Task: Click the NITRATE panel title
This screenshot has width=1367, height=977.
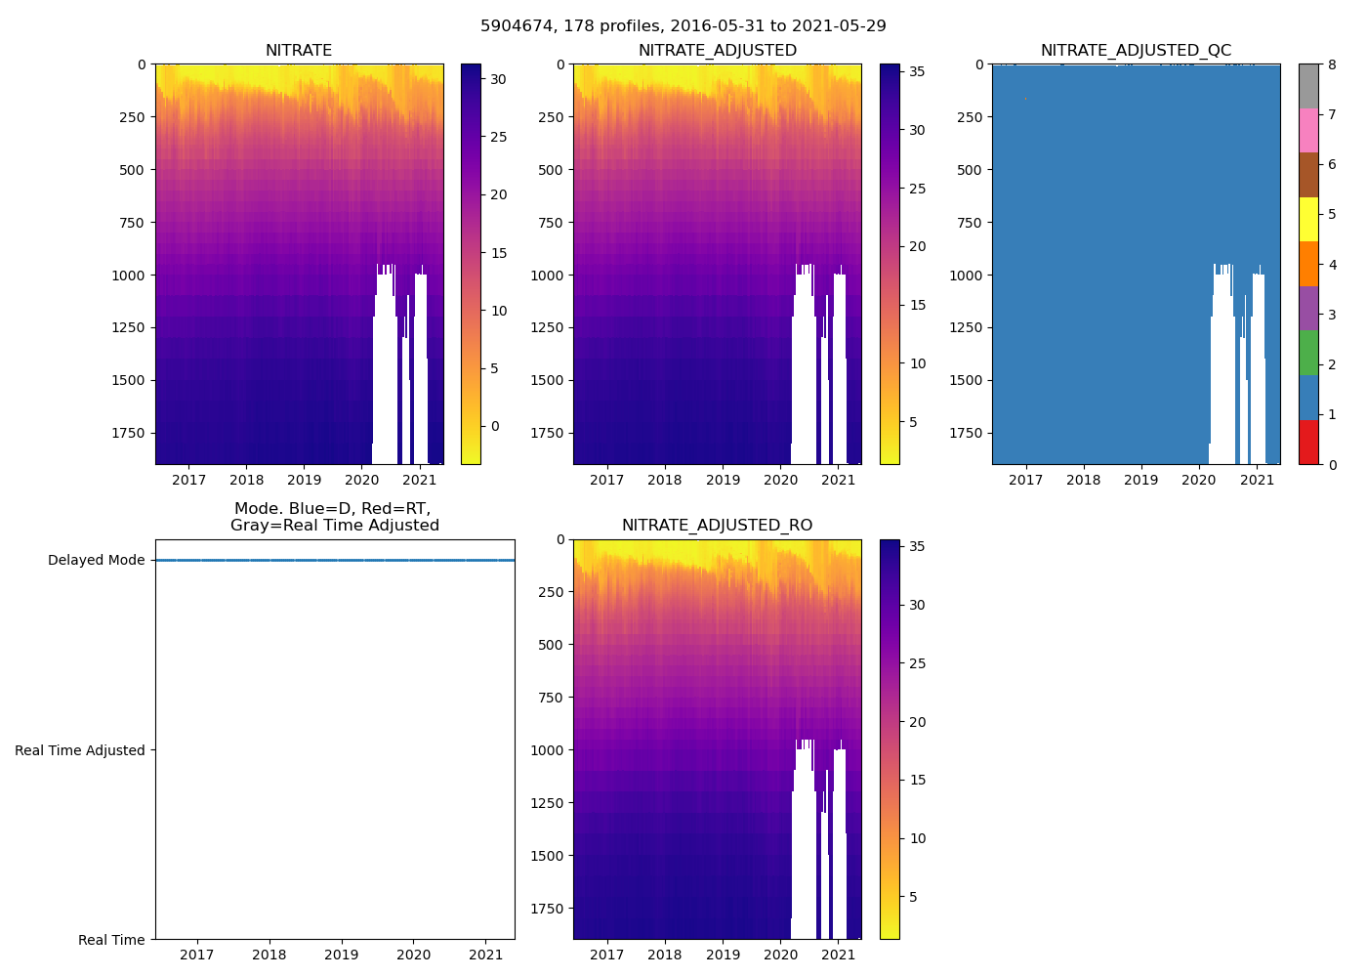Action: (299, 51)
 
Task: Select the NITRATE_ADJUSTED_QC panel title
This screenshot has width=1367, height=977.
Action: (1136, 51)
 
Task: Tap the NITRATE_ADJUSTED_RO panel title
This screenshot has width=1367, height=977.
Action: (717, 526)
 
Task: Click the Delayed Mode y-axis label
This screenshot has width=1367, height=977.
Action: (96, 561)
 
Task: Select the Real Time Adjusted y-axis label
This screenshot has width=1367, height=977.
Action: (80, 750)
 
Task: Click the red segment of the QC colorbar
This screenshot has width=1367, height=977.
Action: (1308, 443)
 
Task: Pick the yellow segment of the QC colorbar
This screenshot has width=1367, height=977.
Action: (1308, 220)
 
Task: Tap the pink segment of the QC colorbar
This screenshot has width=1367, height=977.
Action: (1308, 130)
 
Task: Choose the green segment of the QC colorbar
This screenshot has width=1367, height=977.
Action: (1308, 353)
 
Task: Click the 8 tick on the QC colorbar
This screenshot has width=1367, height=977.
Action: (1332, 64)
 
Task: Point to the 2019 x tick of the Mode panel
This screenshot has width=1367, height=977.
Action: (342, 955)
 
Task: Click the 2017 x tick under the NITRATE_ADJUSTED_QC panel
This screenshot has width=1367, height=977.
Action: (1025, 480)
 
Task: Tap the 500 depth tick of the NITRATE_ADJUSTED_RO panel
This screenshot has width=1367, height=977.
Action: (552, 645)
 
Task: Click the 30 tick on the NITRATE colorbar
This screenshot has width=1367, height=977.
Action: (498, 79)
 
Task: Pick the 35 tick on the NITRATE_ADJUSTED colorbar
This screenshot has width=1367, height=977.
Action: (918, 71)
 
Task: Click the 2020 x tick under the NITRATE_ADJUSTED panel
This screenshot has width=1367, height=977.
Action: (780, 480)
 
